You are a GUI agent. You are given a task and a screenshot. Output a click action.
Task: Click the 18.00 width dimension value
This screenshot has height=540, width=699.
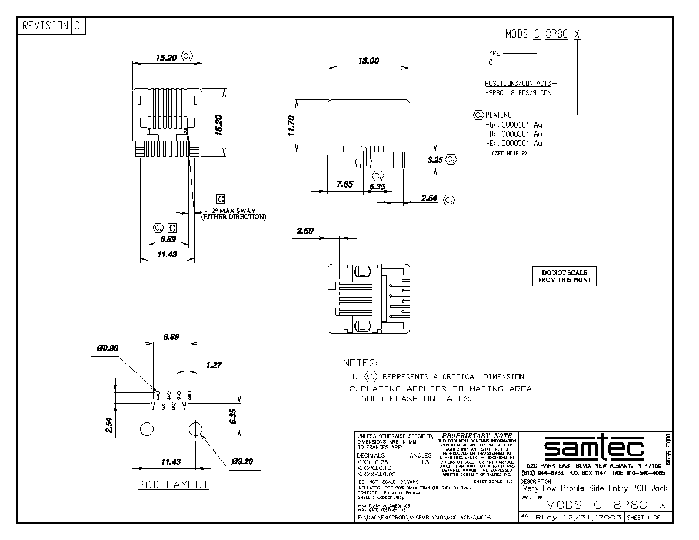[368, 61]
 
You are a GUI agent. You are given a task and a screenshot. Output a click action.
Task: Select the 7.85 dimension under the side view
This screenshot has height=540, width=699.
[345, 185]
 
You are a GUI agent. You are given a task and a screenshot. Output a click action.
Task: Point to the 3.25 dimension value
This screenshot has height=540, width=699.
[435, 159]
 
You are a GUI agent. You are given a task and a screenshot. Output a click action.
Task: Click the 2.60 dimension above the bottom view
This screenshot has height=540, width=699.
[305, 231]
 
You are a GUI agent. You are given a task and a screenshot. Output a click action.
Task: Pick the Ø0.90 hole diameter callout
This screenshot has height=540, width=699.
[108, 348]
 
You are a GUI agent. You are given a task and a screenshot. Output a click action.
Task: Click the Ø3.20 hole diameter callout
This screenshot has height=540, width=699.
[242, 462]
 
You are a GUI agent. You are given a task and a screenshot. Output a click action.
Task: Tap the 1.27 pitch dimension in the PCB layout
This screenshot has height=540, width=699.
[213, 365]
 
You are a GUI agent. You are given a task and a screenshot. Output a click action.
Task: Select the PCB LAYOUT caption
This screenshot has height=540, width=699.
[173, 485]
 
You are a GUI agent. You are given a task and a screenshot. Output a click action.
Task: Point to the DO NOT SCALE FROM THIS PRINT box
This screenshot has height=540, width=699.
[564, 276]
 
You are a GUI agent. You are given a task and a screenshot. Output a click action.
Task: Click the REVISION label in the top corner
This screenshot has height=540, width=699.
[44, 26]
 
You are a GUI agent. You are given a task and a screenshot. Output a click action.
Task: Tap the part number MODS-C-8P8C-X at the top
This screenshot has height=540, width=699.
[542, 34]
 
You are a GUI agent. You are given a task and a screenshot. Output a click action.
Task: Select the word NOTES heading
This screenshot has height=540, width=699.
[361, 363]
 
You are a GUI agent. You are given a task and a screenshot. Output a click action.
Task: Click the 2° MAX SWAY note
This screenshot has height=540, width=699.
[233, 214]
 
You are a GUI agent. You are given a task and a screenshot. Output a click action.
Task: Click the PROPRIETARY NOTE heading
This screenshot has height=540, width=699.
[477, 436]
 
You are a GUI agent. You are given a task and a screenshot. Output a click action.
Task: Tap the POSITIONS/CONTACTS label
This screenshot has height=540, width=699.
[518, 84]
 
